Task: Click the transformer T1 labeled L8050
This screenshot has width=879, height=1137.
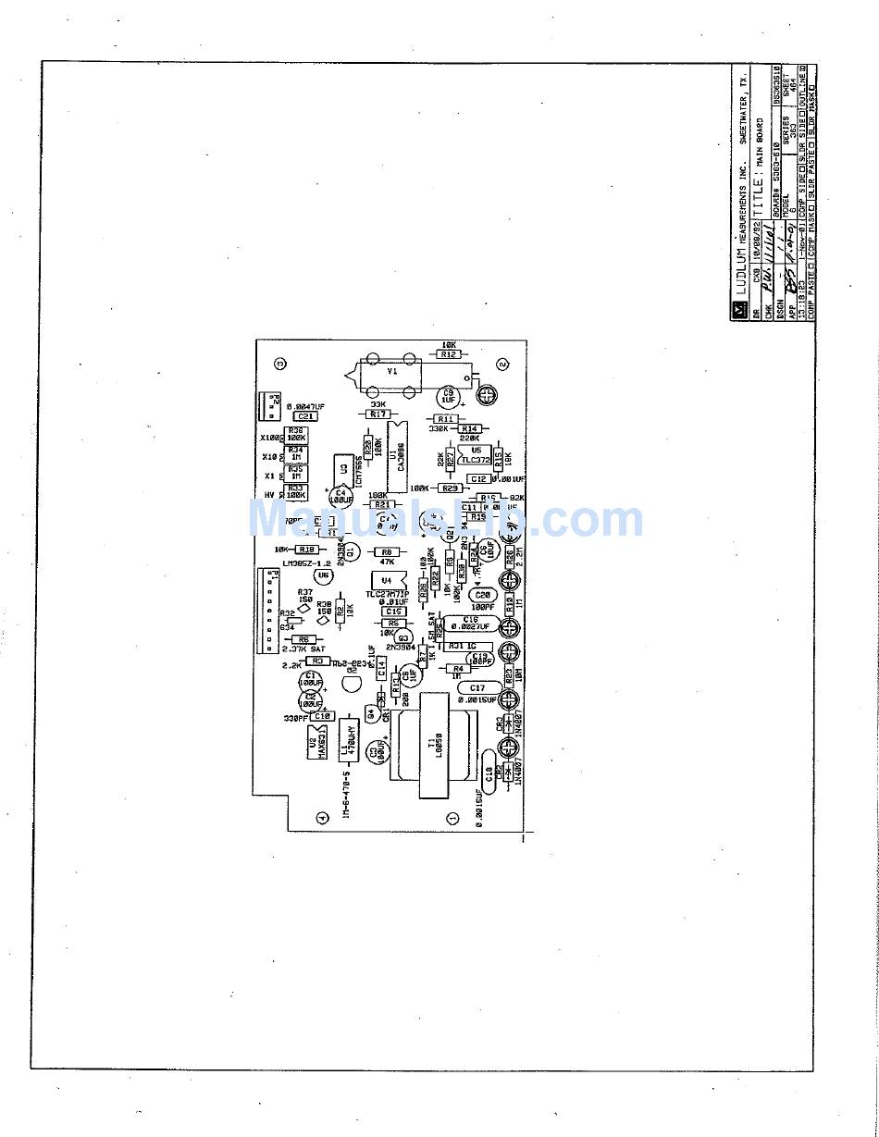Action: coord(432,746)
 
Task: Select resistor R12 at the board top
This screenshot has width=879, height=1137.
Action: coord(449,354)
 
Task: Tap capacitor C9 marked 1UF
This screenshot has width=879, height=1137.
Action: coord(450,394)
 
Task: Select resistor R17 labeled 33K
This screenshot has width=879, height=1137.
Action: coord(377,414)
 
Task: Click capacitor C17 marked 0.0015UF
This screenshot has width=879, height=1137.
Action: coord(476,688)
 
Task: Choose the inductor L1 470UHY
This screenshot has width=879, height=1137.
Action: coord(349,739)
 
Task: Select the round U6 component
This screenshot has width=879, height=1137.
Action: coord(323,575)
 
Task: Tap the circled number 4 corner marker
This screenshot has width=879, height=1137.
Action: coord(322,817)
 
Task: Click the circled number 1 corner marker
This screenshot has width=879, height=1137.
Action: coord(452,818)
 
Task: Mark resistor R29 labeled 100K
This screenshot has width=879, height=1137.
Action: coord(450,488)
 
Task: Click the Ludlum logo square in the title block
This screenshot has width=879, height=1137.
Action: coord(740,311)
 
